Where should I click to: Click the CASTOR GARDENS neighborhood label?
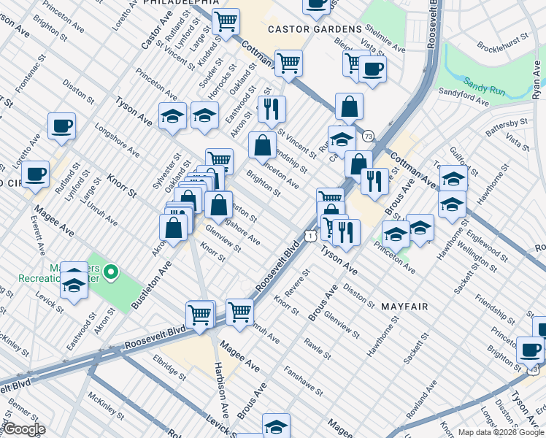pos(315,29)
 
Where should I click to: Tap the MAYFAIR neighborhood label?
pos(404,307)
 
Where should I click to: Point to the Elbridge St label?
pos(170,367)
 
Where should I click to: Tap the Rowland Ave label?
pos(426,405)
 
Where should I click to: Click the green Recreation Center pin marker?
pos(111,273)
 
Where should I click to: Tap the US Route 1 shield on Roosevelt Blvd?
pos(311,235)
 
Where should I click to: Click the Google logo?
pos(26,429)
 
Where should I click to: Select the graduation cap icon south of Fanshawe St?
pos(276,425)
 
